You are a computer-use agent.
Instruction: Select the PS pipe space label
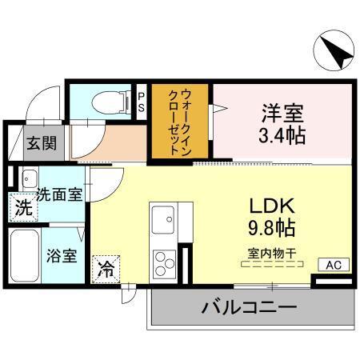[x=142, y=102]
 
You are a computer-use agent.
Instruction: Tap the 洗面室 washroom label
[x=59, y=193]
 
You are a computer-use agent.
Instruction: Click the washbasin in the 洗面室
[x=30, y=178]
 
